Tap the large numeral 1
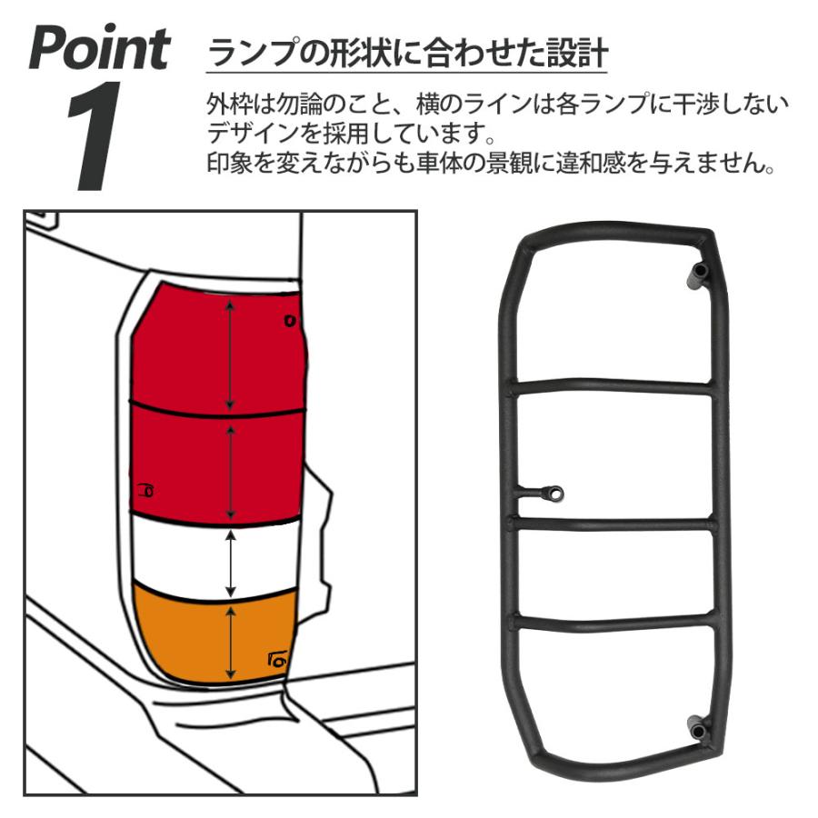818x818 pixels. point(95,136)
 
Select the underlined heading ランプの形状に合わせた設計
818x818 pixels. point(407,53)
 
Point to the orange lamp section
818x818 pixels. point(182,636)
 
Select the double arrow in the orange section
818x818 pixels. point(233,643)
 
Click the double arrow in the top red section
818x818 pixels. point(232,355)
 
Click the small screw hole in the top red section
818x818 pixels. point(290,320)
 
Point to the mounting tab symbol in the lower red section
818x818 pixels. point(144,491)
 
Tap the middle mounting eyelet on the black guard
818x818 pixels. point(553,493)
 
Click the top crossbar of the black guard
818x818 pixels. point(613,386)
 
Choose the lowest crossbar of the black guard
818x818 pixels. point(613,623)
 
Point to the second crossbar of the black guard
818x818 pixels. point(613,524)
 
